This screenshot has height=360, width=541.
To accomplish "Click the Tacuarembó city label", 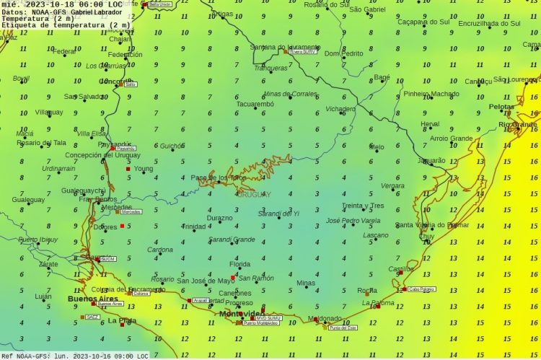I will tap(255, 104).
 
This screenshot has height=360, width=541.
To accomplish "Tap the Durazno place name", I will tap(220, 217).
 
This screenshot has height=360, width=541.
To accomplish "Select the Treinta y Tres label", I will tap(363, 206).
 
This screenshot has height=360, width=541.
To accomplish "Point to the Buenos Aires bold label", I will tap(92, 298).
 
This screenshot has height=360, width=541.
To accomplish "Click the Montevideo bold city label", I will tap(242, 314).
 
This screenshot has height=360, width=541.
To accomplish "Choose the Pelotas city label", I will tap(501, 107).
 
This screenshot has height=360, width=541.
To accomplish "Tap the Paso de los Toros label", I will tap(218, 177).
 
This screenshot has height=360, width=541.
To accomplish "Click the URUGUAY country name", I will tap(253, 194).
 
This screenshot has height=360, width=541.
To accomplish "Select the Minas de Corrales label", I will tap(290, 94).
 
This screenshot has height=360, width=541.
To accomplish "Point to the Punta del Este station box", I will tap(343, 328).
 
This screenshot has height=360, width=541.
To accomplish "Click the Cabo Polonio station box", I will tap(421, 289).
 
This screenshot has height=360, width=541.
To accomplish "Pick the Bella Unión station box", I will tap(160, 4).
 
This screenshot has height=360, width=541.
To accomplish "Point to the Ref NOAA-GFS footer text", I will tap(26, 356).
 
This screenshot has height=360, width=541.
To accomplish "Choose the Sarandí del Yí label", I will tap(278, 214).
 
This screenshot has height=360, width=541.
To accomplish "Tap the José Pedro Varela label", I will tap(353, 220).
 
